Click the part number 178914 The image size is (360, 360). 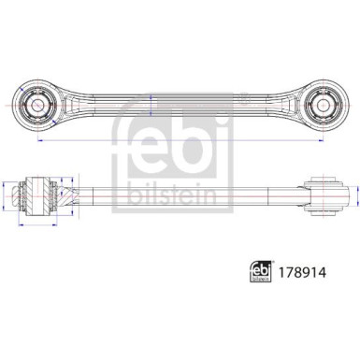302,272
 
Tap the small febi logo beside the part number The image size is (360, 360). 260,271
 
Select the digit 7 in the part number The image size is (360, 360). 287,272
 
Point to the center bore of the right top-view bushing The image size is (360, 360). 323,105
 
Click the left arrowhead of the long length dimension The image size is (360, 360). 39,140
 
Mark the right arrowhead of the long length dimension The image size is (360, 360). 321,140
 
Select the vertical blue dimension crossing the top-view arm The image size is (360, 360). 151,105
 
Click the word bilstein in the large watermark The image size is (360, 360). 172,194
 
